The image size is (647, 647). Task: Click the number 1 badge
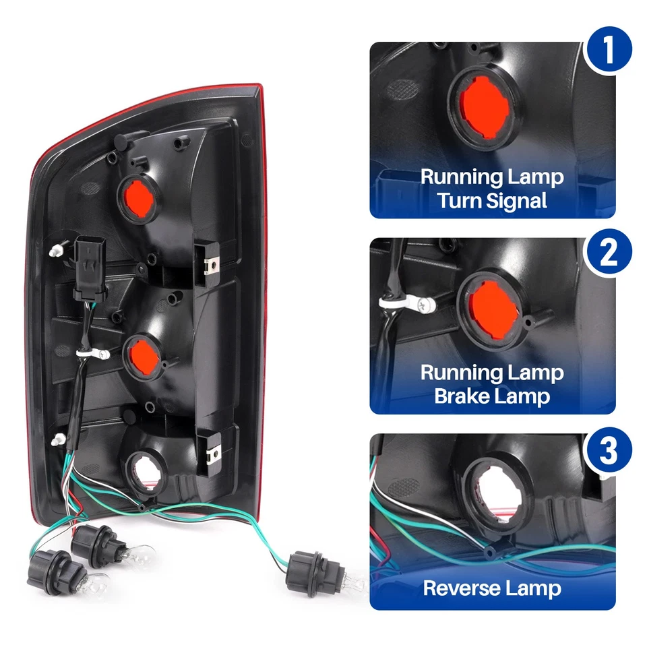pyautogui.click(x=609, y=51)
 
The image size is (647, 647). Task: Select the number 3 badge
pyautogui.click(x=608, y=451)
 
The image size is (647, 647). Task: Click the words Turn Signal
pyautogui.click(x=493, y=200)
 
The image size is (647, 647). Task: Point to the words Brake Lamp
pyautogui.click(x=493, y=396)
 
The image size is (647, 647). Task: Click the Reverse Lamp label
pyautogui.click(x=493, y=588)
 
